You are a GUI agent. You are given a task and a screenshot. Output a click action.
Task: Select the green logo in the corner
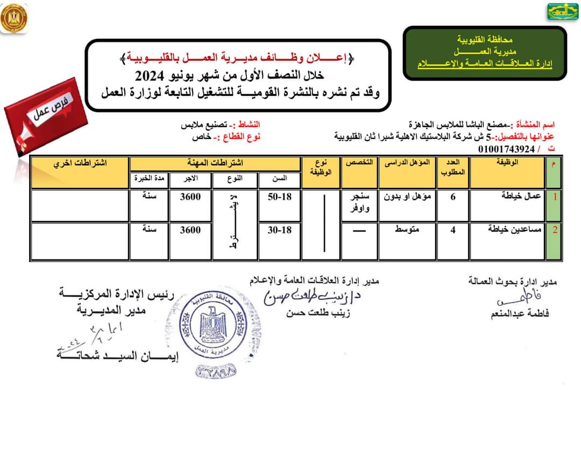pos(563,11)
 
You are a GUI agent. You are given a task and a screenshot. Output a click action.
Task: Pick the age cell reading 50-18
pos(279,197)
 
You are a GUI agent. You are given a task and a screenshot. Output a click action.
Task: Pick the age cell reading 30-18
pos(279,230)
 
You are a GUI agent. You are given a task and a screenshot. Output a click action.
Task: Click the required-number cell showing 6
pos(453,197)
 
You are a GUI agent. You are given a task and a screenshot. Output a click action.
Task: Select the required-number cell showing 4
pos(453,230)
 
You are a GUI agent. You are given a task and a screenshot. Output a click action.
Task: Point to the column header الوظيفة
pos(506,163)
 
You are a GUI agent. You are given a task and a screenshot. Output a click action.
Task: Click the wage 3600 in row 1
pos(190,197)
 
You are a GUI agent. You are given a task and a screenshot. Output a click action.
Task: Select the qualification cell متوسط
pos(407,230)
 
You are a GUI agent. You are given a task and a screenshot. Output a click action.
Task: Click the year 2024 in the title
pos(145,74)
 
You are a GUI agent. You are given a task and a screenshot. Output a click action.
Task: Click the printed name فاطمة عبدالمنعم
pos(520,314)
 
